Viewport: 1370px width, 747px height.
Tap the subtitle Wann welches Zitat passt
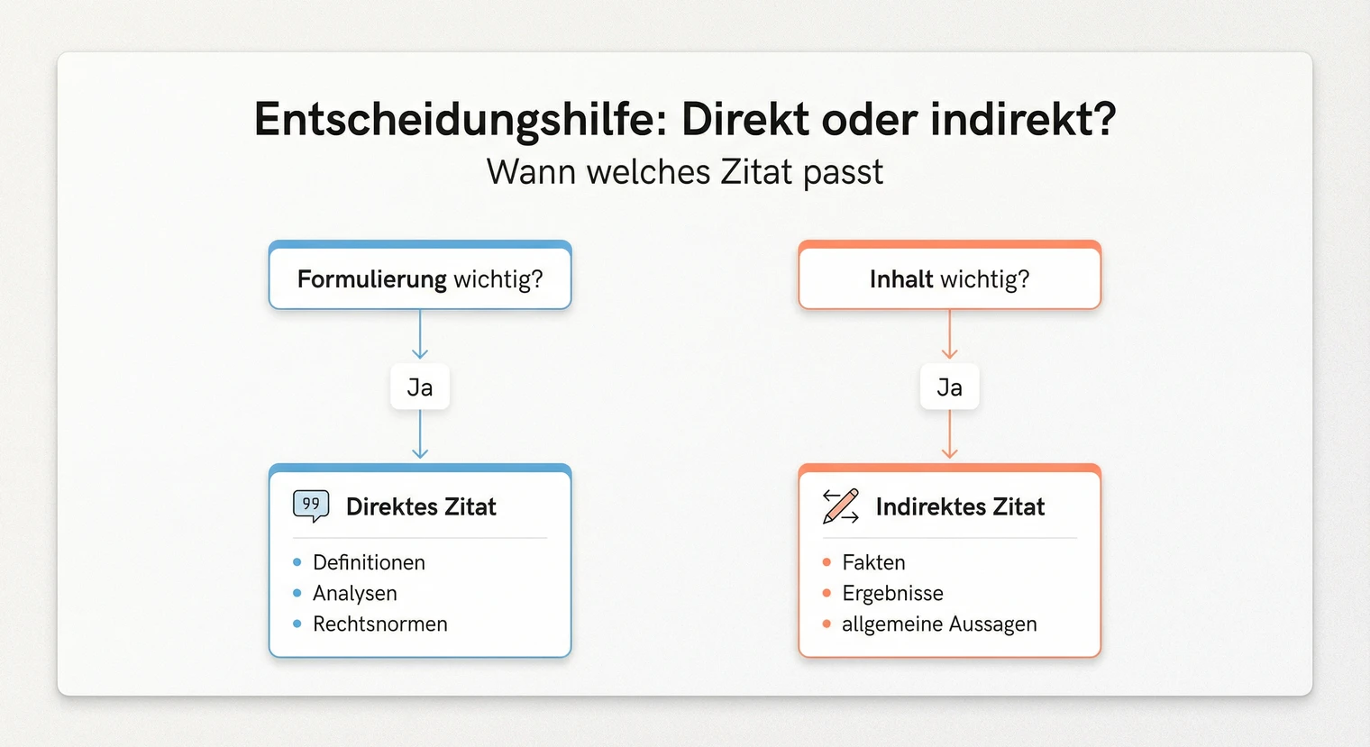click(x=685, y=171)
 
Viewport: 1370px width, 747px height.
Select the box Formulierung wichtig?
click(x=420, y=278)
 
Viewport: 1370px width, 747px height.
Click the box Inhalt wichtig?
click(x=949, y=278)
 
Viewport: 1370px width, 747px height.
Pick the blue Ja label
click(x=420, y=387)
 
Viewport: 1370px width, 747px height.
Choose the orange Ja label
click(x=949, y=387)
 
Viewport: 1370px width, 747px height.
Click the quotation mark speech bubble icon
click(x=311, y=506)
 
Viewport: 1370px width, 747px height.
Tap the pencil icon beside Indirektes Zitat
click(x=841, y=506)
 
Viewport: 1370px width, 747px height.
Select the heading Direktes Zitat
click(x=421, y=506)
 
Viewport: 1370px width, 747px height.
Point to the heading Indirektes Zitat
click(x=960, y=506)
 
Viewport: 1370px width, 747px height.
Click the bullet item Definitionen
click(x=369, y=562)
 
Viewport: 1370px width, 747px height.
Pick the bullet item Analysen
click(x=354, y=593)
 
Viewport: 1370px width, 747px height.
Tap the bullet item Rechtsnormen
click(x=379, y=624)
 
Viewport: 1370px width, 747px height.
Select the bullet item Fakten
click(x=873, y=562)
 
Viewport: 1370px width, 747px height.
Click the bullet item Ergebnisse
click(x=892, y=593)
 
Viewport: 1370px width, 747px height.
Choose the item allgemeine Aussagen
click(x=939, y=624)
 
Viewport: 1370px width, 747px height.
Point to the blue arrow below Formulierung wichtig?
click(x=420, y=335)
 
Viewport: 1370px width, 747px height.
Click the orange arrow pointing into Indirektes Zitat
click(x=949, y=436)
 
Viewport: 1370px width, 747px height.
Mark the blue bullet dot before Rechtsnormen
click(x=297, y=624)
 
